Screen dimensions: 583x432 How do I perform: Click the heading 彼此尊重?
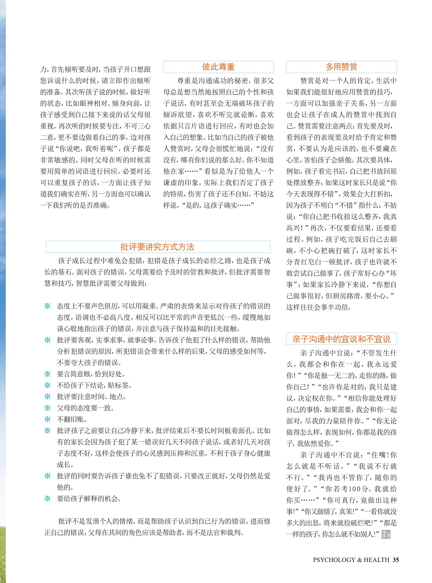tap(218, 67)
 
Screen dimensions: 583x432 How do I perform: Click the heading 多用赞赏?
tap(341, 67)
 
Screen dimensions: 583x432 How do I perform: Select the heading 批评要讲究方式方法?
tap(157, 247)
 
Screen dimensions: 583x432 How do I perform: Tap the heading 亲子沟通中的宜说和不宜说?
tap(341, 339)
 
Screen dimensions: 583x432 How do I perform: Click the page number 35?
tap(396, 560)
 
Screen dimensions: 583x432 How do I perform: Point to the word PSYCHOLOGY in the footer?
tap(334, 560)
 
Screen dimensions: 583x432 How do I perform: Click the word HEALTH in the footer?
tap(376, 560)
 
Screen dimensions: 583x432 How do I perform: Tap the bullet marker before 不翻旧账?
tap(48, 419)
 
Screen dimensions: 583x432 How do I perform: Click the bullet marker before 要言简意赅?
tap(48, 374)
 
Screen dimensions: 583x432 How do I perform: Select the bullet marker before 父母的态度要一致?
tap(48, 408)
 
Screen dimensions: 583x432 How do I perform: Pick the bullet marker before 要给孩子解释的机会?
tap(48, 499)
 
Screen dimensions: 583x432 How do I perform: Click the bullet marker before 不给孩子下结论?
tap(48, 385)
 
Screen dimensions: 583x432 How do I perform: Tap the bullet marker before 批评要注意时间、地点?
tap(48, 396)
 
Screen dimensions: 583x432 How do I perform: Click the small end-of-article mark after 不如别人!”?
tap(386, 534)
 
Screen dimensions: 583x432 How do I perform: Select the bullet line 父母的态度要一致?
tap(86, 408)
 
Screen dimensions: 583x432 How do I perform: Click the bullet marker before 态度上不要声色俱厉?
tap(48, 306)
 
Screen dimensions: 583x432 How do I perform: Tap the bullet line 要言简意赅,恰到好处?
tap(91, 374)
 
